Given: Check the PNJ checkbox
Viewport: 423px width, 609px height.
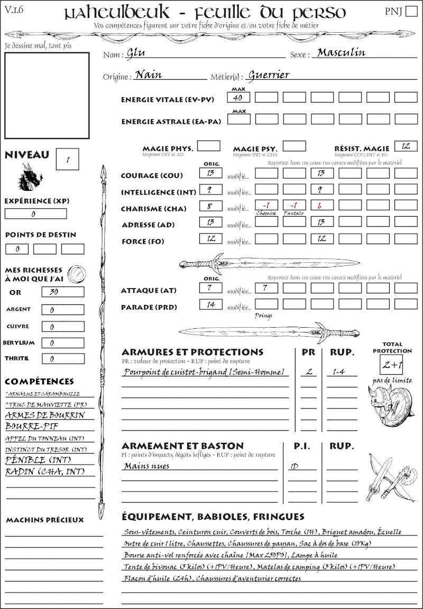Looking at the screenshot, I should pos(410,12).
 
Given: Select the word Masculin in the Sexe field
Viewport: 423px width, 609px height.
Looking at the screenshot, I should pos(341,52).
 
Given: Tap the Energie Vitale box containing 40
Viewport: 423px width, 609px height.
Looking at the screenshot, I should pos(238,98).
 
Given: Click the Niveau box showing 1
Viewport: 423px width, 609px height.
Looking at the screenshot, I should pos(68,159).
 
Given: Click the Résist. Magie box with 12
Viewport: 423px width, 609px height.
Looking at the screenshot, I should pos(406,146).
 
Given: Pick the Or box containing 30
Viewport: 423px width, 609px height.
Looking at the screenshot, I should pos(62,292).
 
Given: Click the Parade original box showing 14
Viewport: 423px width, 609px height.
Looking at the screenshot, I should pos(210,304).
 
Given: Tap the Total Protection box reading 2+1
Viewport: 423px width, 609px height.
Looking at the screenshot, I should pos(392,365).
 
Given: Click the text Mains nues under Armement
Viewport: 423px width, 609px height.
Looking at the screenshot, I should pos(146,466).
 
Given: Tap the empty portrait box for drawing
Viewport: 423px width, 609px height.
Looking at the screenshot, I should pos(47,95).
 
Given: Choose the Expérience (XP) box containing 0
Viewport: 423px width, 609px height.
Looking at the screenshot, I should pos(35,214).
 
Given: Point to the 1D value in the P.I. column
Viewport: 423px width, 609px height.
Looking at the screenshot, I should pos(293,467).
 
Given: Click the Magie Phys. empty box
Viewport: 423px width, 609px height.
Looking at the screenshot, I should pos(208,146).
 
